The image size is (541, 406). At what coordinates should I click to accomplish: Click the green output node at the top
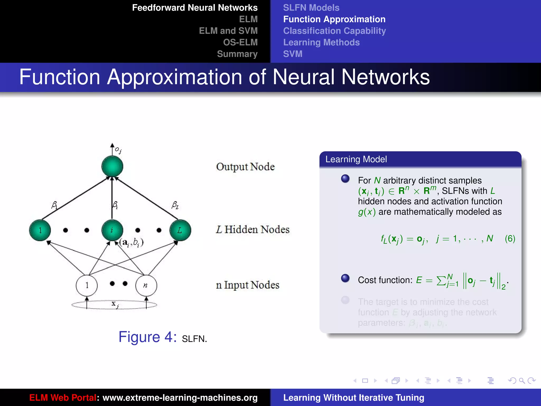(x=112, y=166)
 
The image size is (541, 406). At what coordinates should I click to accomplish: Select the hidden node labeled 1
(x=40, y=230)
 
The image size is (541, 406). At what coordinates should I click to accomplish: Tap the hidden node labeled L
(x=180, y=230)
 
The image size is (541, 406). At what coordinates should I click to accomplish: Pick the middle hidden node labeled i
(x=112, y=230)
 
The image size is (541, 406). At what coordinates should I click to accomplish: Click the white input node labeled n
(x=146, y=285)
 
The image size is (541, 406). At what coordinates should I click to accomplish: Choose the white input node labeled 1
(x=87, y=285)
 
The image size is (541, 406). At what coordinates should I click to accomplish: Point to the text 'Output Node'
(x=245, y=167)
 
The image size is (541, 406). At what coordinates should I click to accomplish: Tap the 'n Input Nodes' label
(x=248, y=285)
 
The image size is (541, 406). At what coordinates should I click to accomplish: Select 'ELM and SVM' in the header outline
(x=228, y=31)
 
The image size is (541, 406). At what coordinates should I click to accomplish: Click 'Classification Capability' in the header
(x=334, y=31)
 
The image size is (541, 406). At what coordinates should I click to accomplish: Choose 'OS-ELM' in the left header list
(x=240, y=42)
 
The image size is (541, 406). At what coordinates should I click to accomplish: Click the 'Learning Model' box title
(x=356, y=159)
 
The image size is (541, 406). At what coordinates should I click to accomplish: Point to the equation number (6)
(x=510, y=239)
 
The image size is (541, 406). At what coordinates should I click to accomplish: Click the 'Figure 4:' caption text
(x=147, y=337)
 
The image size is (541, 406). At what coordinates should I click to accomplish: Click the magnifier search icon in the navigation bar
(x=522, y=381)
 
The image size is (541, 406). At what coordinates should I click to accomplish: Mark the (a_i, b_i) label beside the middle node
(x=131, y=242)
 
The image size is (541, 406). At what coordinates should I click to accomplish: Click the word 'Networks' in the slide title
(x=385, y=77)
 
